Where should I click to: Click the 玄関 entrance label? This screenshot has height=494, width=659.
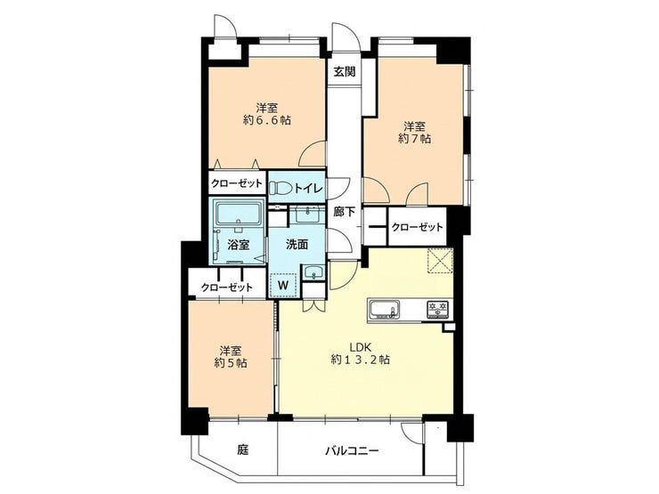click(345, 72)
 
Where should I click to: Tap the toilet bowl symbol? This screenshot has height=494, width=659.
click(278, 188)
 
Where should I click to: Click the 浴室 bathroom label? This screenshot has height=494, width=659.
click(239, 245)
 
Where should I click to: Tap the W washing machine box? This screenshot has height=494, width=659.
click(283, 286)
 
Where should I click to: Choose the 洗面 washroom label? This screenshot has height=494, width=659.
click(297, 245)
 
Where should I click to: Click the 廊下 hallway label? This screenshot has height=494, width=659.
click(345, 212)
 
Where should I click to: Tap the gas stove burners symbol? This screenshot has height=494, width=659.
click(438, 310)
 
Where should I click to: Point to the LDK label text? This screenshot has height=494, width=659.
click(361, 348)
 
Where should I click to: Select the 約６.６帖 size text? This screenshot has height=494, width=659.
click(267, 120)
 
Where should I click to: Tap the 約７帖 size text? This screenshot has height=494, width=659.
click(414, 139)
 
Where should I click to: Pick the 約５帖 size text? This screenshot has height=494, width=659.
click(231, 362)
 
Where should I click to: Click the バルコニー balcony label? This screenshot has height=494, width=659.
click(352, 451)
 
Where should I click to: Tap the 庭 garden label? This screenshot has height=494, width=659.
click(243, 450)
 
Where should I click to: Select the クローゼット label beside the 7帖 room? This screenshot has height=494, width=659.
click(417, 227)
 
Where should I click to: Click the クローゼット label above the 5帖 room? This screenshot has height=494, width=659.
click(226, 287)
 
